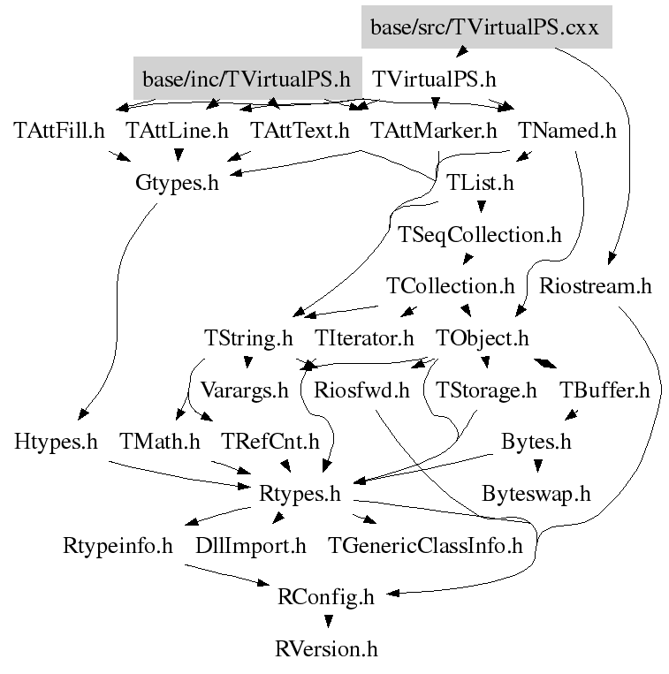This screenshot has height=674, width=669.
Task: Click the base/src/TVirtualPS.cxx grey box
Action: pyautogui.click(x=486, y=27)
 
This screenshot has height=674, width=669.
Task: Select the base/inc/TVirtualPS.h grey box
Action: pyautogui.click(x=247, y=79)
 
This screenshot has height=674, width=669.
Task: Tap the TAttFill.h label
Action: pyautogui.click(x=59, y=131)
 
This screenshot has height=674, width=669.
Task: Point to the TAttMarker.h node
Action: pyautogui.click(x=434, y=131)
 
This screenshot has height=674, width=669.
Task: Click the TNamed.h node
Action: pyautogui.click(x=566, y=131)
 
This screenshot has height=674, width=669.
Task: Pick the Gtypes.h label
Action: pyautogui.click(x=177, y=184)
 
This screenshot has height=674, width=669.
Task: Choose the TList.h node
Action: pyautogui.click(x=480, y=184)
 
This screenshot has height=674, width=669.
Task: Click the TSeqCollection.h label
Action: pyautogui.click(x=480, y=235)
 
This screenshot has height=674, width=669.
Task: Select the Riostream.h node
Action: pyautogui.click(x=595, y=286)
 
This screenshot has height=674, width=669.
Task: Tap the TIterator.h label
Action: pyautogui.click(x=364, y=337)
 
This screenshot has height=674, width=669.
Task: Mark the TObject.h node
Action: pyautogui.click(x=483, y=337)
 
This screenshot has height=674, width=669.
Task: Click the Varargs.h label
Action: pyautogui.click(x=244, y=390)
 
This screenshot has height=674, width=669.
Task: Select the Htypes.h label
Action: pyautogui.click(x=56, y=441)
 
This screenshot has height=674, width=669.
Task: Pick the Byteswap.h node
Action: pyautogui.click(x=536, y=492)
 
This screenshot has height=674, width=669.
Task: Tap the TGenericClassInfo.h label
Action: pyautogui.click(x=425, y=545)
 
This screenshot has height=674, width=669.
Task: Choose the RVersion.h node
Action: pyautogui.click(x=327, y=649)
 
